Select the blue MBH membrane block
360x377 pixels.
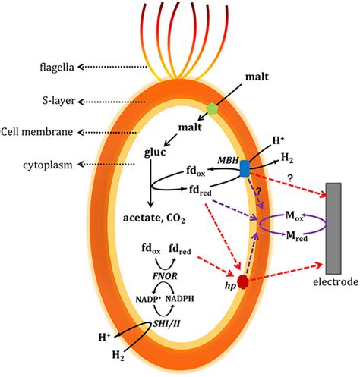pyautogui.click(x=245, y=168)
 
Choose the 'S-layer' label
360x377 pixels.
pyautogui.click(x=37, y=101)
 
